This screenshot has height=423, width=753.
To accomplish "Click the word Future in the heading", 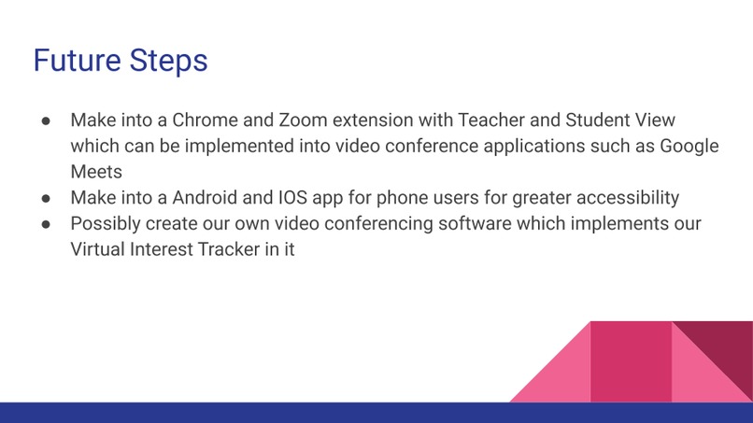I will point(77,62).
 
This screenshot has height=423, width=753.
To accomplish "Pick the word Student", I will point(599,121).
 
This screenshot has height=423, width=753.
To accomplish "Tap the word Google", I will point(689,148).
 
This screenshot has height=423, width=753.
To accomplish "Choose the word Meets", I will point(97,173).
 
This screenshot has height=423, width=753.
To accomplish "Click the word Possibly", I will point(107,225).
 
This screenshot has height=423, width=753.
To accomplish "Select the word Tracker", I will point(226,250).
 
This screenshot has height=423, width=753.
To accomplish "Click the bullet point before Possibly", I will point(47,225).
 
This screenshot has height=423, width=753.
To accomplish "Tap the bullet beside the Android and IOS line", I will point(47,199).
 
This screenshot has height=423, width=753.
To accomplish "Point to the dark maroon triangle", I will point(725,350).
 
